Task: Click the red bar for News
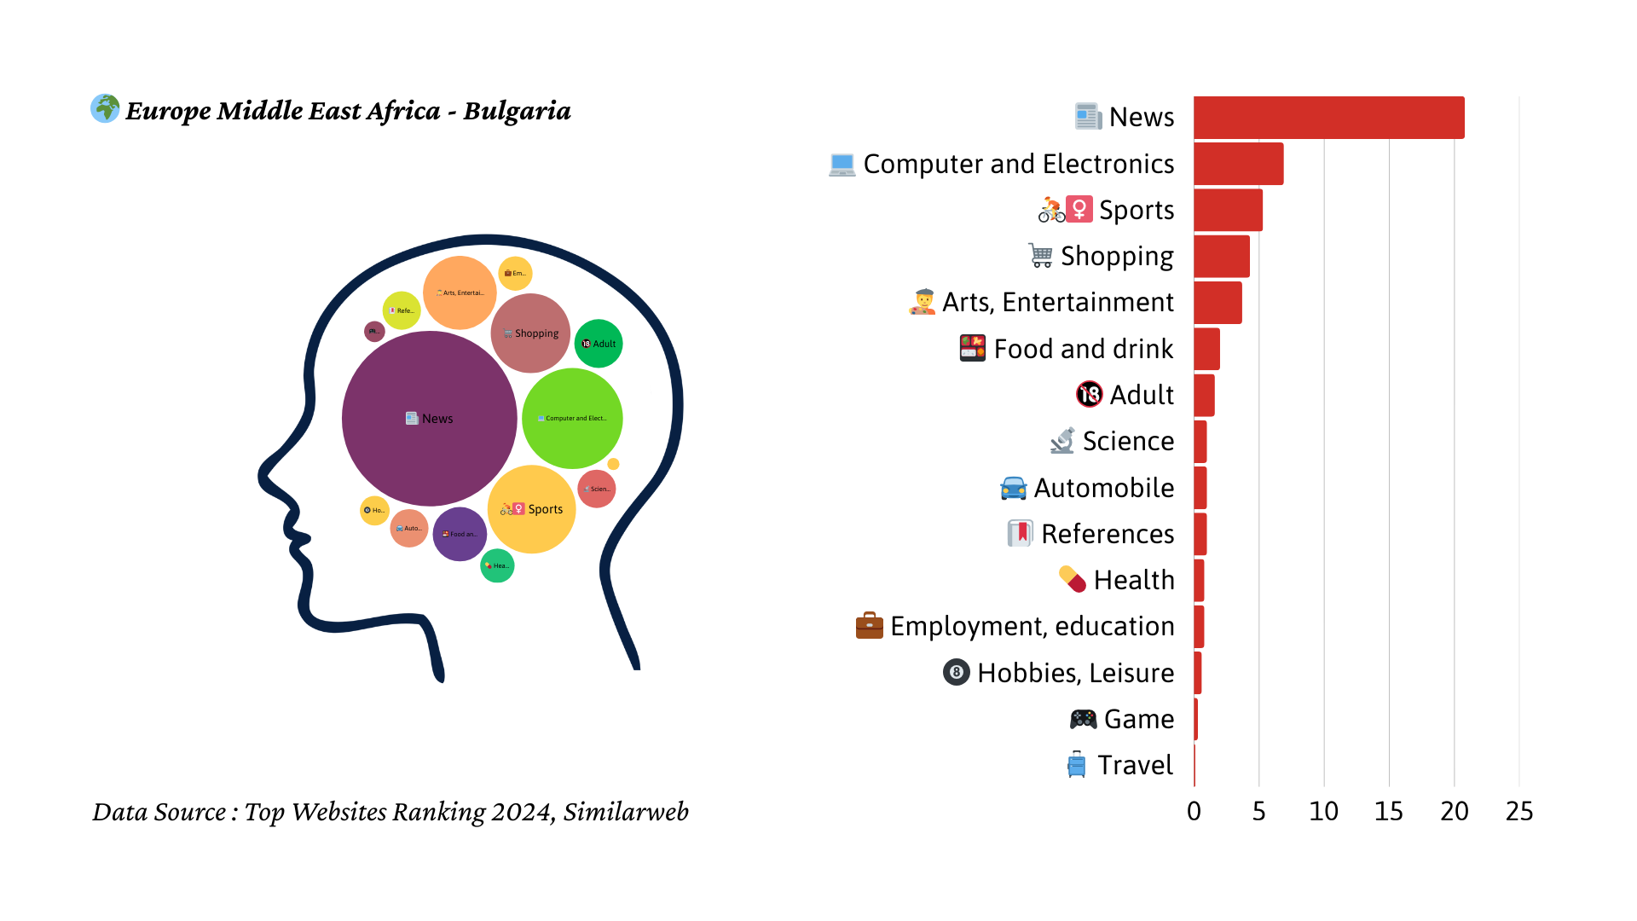click(x=1328, y=118)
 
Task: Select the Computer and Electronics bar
click(x=1238, y=164)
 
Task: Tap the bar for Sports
click(x=1228, y=210)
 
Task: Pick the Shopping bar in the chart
click(x=1221, y=257)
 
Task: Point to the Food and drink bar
click(x=1206, y=349)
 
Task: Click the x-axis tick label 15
click(x=1388, y=811)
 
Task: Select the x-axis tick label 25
click(x=1518, y=811)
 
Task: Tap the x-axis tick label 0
click(x=1194, y=811)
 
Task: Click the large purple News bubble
click(x=429, y=419)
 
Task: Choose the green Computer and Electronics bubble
click(x=572, y=419)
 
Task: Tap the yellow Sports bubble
click(x=532, y=509)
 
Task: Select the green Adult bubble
click(x=599, y=344)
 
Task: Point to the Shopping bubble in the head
click(x=530, y=333)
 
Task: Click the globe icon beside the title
click(x=105, y=108)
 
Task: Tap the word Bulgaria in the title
click(x=517, y=111)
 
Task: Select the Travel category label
click(x=1134, y=765)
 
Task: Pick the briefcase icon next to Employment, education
click(x=869, y=625)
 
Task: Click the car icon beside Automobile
click(x=1013, y=488)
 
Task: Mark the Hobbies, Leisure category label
click(x=1075, y=673)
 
